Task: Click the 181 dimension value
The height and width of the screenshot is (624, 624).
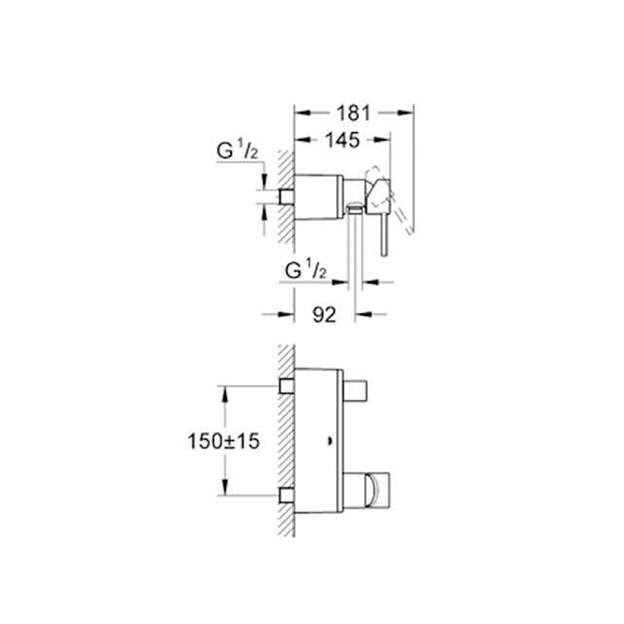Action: pyautogui.click(x=354, y=113)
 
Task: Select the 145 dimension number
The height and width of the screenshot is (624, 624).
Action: pyautogui.click(x=342, y=140)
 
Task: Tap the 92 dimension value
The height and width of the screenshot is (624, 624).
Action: pyautogui.click(x=325, y=315)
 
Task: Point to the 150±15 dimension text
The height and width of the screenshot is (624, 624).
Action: pyautogui.click(x=223, y=441)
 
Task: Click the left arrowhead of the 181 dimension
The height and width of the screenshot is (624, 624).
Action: pyautogui.click(x=302, y=113)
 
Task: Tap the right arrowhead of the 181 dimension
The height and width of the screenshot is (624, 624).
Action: pyautogui.click(x=406, y=113)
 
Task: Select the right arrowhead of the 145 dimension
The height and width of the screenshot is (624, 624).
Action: pyautogui.click(x=383, y=140)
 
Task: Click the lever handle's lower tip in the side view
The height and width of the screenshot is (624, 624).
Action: pyautogui.click(x=384, y=254)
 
